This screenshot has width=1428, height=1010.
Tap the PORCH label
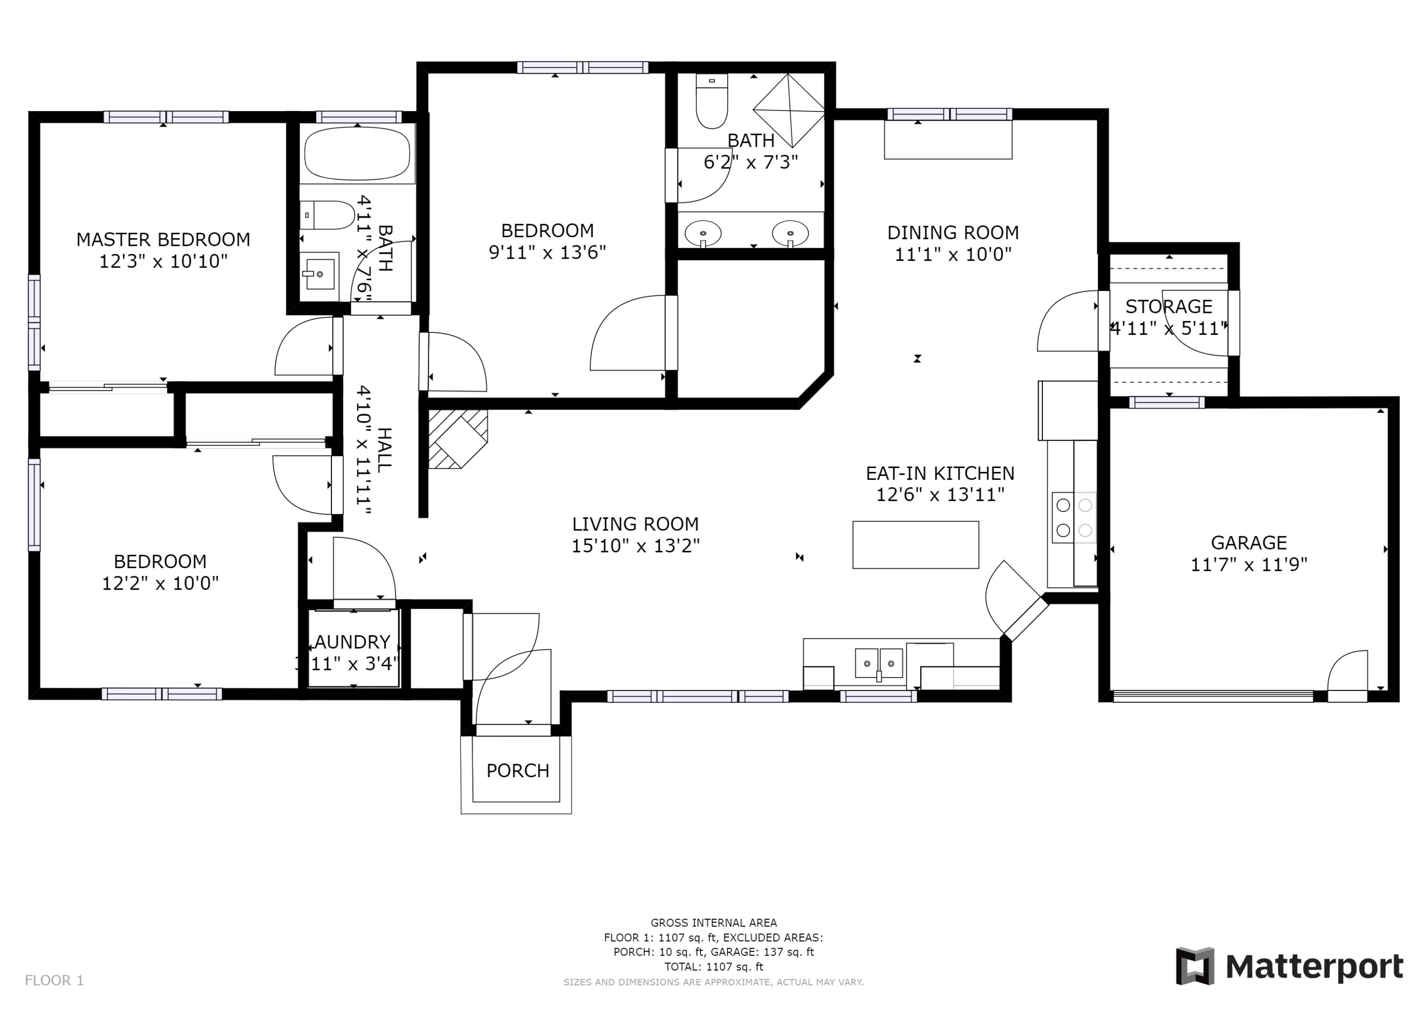pos(517,770)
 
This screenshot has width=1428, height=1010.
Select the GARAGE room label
pos(1249,543)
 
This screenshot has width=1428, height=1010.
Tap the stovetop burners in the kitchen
pos(1074,517)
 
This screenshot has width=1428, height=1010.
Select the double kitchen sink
pos(879,663)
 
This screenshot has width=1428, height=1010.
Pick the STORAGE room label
pos(1169,306)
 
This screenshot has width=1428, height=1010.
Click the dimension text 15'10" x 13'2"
pos(635,546)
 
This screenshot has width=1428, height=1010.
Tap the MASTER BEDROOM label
pos(163,240)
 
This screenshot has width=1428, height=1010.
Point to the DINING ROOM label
pos(953,233)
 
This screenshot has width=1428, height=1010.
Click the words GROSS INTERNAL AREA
pos(714,923)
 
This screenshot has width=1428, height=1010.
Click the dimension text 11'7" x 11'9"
pos(1249,564)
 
